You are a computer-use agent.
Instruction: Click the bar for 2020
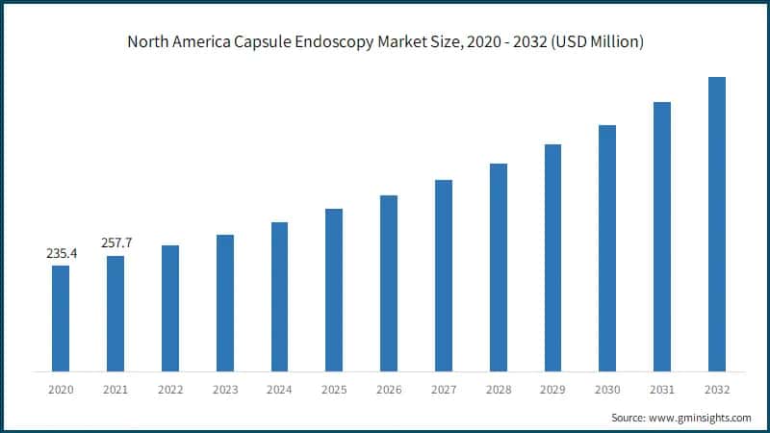tap(61, 318)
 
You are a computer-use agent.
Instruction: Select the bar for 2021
tap(115, 313)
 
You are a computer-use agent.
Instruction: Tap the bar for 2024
tap(279, 296)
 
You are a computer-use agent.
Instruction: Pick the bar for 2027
tap(443, 275)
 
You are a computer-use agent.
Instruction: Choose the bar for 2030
tap(606, 247)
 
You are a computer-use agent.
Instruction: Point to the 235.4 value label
tap(61, 254)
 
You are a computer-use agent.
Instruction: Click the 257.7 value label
tap(115, 243)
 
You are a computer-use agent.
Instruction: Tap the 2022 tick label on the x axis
tap(169, 390)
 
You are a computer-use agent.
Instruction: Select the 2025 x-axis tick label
tap(334, 390)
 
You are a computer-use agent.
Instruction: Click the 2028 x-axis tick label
tap(498, 390)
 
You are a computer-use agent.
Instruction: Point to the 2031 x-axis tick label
tap(661, 390)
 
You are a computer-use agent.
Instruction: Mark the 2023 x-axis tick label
tap(224, 390)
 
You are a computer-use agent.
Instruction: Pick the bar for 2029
tap(552, 257)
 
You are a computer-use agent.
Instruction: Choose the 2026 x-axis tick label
tap(388, 390)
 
